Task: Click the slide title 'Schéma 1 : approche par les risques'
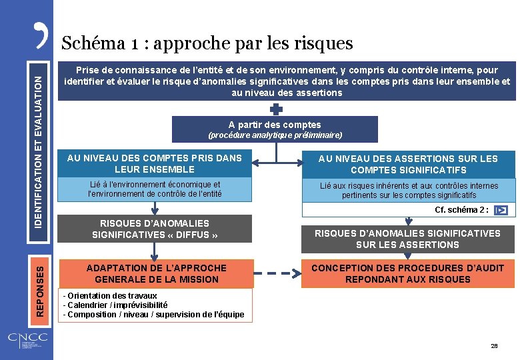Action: [207, 43]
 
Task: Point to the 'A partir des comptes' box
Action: [275, 129]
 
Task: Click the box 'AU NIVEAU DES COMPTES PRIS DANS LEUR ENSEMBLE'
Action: [155, 163]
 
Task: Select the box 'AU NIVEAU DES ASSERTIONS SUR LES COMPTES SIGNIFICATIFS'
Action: [408, 164]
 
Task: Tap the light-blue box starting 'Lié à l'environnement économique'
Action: [155, 189]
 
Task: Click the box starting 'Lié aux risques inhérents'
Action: [408, 190]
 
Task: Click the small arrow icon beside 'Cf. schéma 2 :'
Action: [502, 210]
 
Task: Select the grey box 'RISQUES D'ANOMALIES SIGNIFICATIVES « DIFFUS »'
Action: [155, 229]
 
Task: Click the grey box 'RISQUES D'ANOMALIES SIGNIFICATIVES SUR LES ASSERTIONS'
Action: [408, 239]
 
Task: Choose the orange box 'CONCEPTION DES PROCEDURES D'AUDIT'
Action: [408, 273]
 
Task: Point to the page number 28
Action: [494, 346]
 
